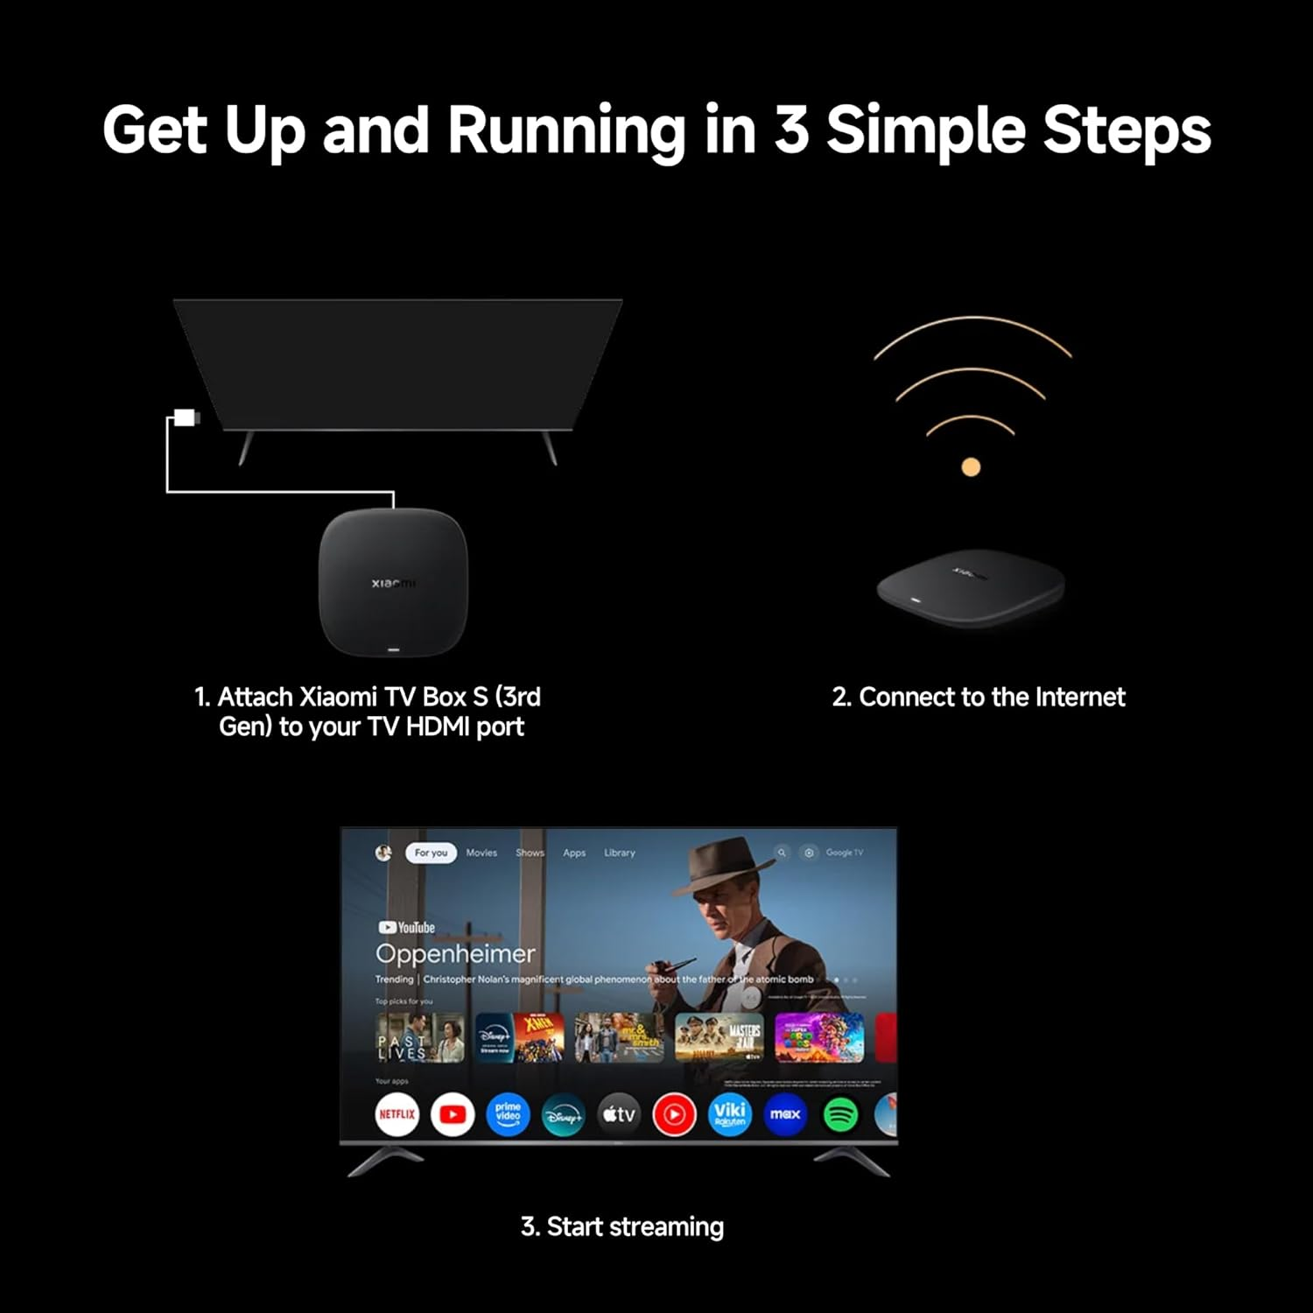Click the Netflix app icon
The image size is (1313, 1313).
click(x=397, y=1114)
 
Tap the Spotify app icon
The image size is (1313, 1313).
click(x=840, y=1114)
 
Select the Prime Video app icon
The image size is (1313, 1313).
click(x=508, y=1114)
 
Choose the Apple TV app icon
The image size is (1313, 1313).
click(x=618, y=1114)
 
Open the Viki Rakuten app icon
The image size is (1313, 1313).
click(x=729, y=1114)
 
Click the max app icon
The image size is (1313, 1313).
click(x=784, y=1114)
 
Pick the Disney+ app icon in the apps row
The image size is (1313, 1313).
click(x=563, y=1115)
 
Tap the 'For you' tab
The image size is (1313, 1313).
click(x=431, y=853)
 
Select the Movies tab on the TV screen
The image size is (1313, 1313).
click(x=481, y=853)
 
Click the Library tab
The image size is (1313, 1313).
click(x=620, y=853)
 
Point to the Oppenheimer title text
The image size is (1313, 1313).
click(x=455, y=953)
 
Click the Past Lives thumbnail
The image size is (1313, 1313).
click(x=420, y=1038)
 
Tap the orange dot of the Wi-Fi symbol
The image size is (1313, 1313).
click(x=971, y=467)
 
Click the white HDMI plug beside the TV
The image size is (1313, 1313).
click(x=186, y=418)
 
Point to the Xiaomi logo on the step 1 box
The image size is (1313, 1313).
click(x=393, y=583)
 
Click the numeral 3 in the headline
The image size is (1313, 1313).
click(x=791, y=130)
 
